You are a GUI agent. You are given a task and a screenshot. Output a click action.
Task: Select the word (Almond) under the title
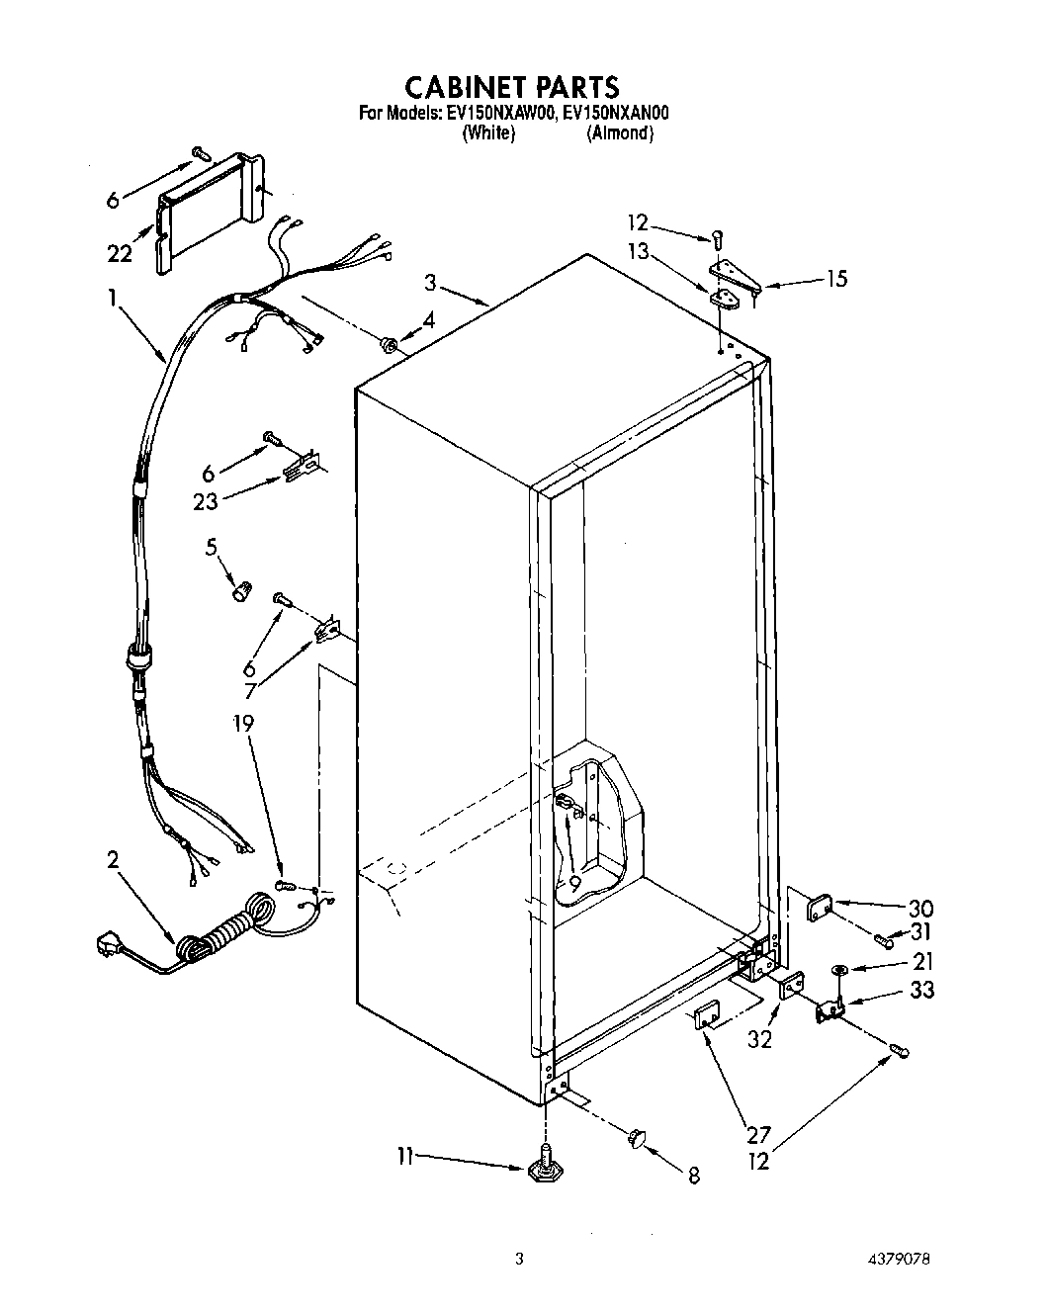620,133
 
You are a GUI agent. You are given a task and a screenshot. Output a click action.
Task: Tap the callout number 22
120,254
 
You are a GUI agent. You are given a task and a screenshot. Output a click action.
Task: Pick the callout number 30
920,908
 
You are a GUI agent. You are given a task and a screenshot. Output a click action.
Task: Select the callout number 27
758,1136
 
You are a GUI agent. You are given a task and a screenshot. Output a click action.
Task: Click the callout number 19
243,724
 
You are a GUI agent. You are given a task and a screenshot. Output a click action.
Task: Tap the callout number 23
206,501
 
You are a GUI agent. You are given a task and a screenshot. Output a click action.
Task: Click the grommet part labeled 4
389,344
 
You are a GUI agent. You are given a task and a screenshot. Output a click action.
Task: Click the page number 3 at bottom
518,1259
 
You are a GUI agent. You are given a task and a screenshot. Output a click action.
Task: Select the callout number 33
921,990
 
